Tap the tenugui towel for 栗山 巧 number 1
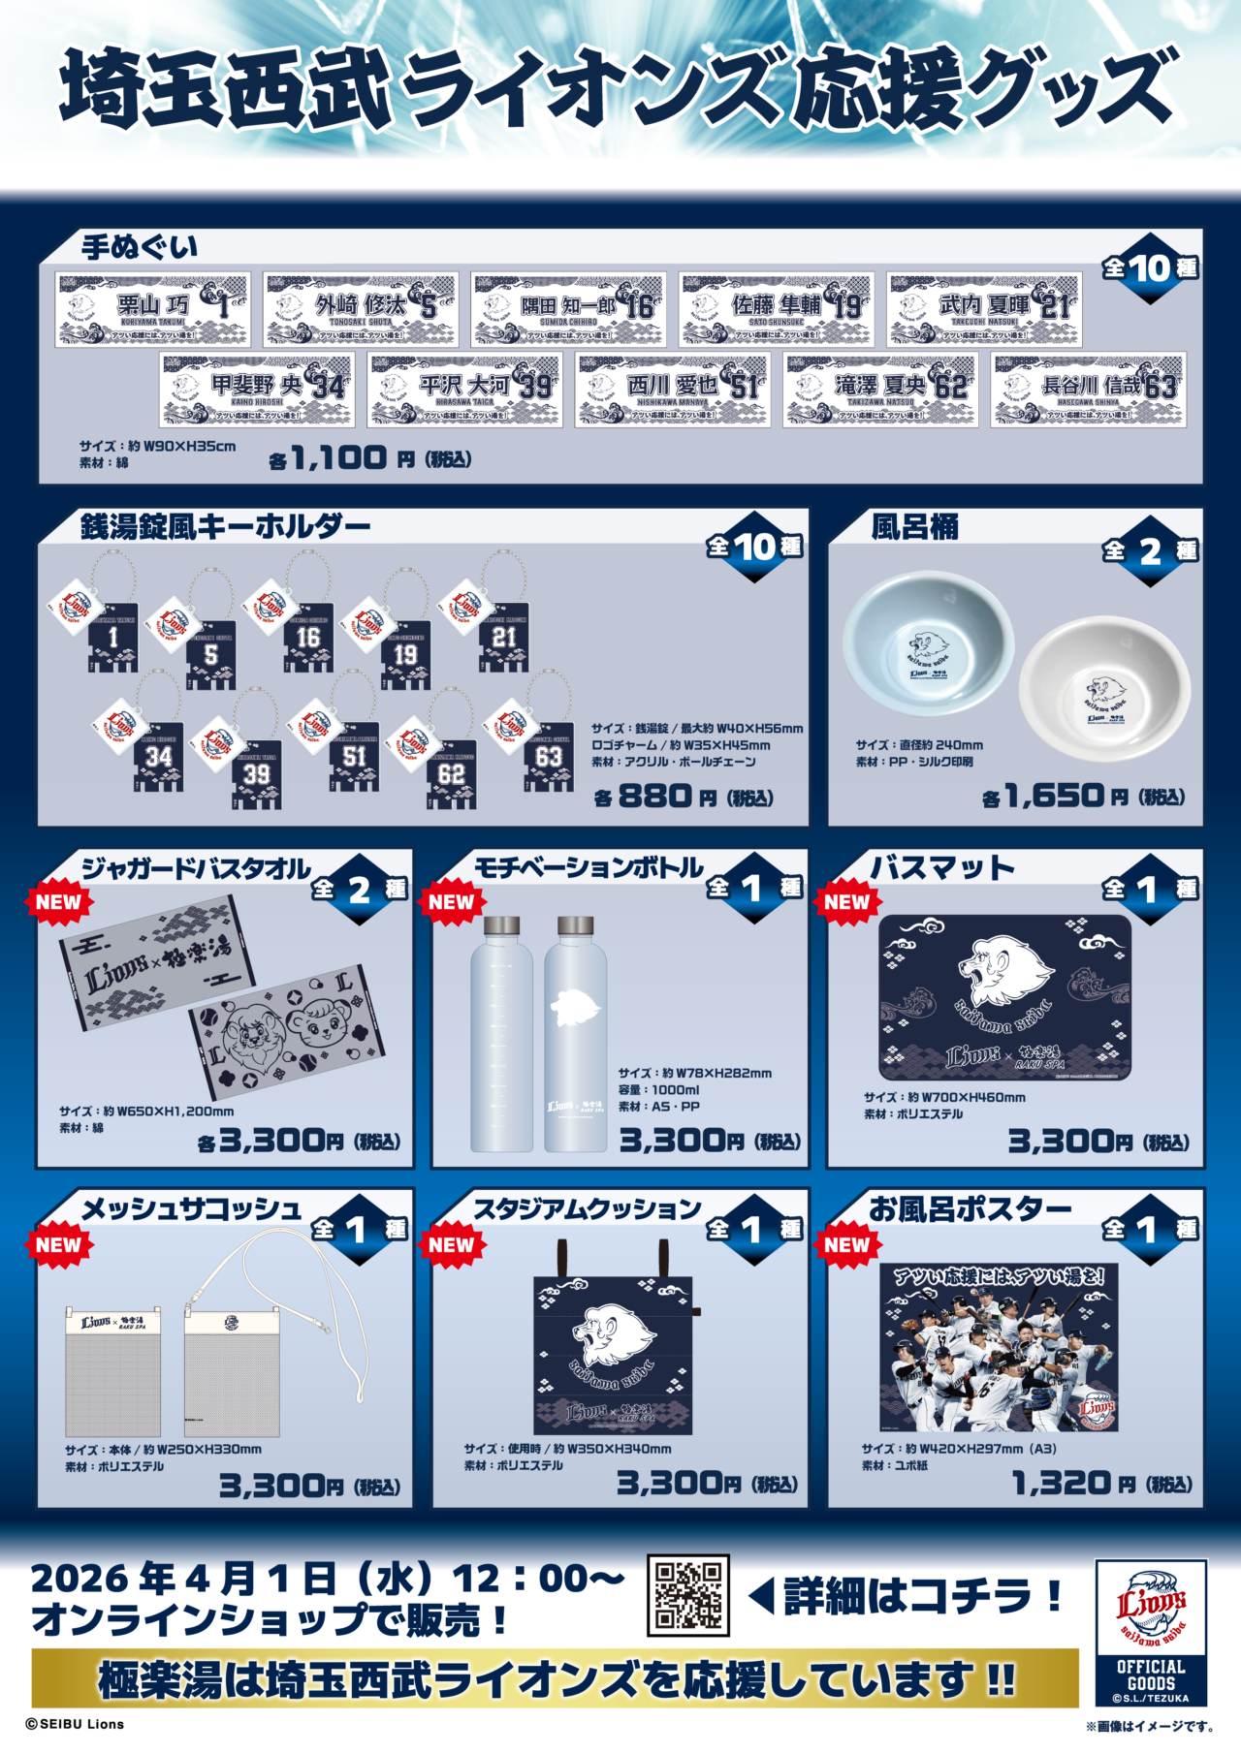153,309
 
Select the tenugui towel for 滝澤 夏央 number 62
881,390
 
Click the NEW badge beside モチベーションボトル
451,901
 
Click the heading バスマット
940,868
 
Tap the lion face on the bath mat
1003,972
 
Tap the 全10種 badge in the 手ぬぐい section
1150,267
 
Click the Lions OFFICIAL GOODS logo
1150,1632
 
